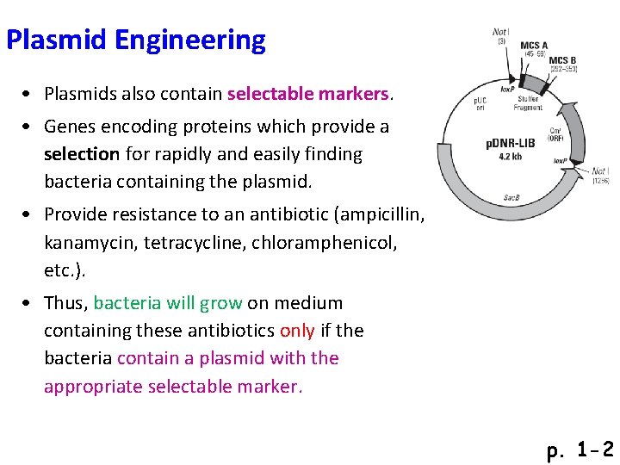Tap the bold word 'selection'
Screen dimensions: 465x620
point(82,155)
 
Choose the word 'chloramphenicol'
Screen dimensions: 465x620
point(325,242)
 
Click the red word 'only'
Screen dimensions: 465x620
point(297,331)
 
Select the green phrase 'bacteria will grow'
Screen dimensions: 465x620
point(167,303)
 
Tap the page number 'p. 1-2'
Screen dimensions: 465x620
point(580,449)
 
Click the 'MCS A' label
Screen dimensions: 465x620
point(533,46)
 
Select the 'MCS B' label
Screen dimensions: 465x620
point(563,60)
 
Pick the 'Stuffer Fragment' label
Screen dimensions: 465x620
point(528,104)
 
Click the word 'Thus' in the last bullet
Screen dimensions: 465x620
point(65,303)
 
